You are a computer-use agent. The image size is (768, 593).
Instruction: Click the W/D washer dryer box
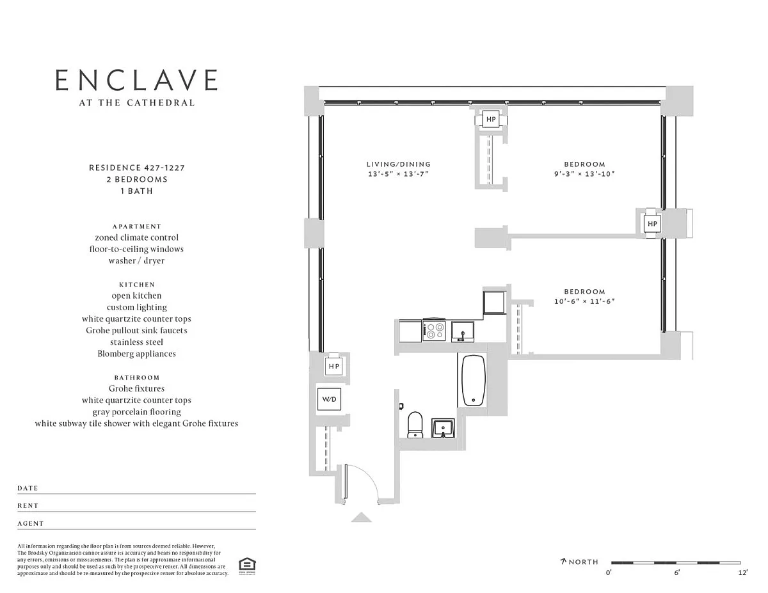(329, 399)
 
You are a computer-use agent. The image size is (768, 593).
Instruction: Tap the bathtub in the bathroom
(474, 381)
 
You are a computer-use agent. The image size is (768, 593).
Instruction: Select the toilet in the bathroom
(415, 425)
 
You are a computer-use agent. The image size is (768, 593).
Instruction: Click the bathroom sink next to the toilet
(443, 429)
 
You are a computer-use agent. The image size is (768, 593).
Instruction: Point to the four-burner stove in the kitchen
(435, 331)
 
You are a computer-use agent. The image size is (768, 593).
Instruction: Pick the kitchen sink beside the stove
(463, 331)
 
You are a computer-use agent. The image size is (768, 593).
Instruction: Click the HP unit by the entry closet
(334, 367)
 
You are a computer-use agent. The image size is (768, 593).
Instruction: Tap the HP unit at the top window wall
(491, 120)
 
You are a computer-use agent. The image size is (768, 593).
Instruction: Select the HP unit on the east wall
(652, 223)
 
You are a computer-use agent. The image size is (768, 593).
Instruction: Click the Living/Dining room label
(399, 164)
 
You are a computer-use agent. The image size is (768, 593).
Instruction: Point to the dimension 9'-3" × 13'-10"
(584, 174)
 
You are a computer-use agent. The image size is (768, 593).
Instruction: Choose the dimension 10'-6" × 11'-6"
(584, 301)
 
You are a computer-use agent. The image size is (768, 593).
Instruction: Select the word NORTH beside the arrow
(584, 562)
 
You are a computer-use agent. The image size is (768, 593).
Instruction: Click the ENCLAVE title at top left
(136, 80)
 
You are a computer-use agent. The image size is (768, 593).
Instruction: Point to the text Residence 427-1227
(137, 168)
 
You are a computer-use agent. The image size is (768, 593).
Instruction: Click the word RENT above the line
(28, 506)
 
